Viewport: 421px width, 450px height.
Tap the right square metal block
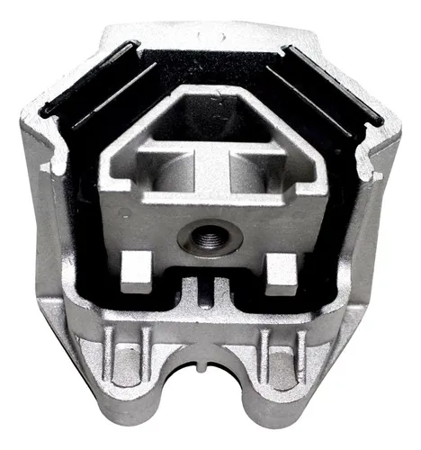pyautogui.click(x=280, y=266)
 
